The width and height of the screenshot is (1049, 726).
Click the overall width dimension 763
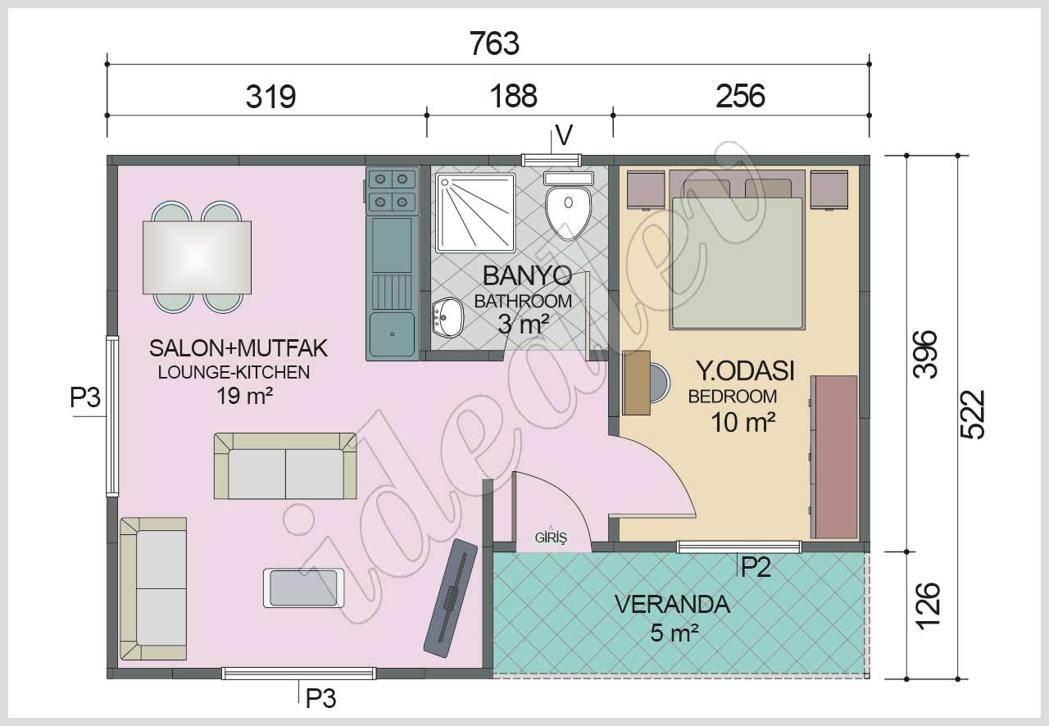(x=495, y=43)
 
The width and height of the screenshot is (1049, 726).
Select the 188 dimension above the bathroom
(x=514, y=96)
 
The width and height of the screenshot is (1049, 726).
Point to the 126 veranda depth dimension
(x=926, y=606)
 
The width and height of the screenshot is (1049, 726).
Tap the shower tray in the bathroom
(x=476, y=211)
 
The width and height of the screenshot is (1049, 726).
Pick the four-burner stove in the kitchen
(x=391, y=190)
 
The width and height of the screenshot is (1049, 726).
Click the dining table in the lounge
(x=197, y=257)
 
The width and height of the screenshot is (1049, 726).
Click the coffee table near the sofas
(x=304, y=588)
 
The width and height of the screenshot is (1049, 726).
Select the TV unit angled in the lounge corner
(x=450, y=597)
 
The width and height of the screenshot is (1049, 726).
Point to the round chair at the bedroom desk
(x=659, y=383)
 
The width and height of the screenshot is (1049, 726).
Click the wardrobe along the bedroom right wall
(x=833, y=456)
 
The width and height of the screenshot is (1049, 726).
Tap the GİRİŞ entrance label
(x=551, y=538)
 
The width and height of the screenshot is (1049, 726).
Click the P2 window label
(x=756, y=567)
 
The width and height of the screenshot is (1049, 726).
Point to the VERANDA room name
(x=671, y=605)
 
